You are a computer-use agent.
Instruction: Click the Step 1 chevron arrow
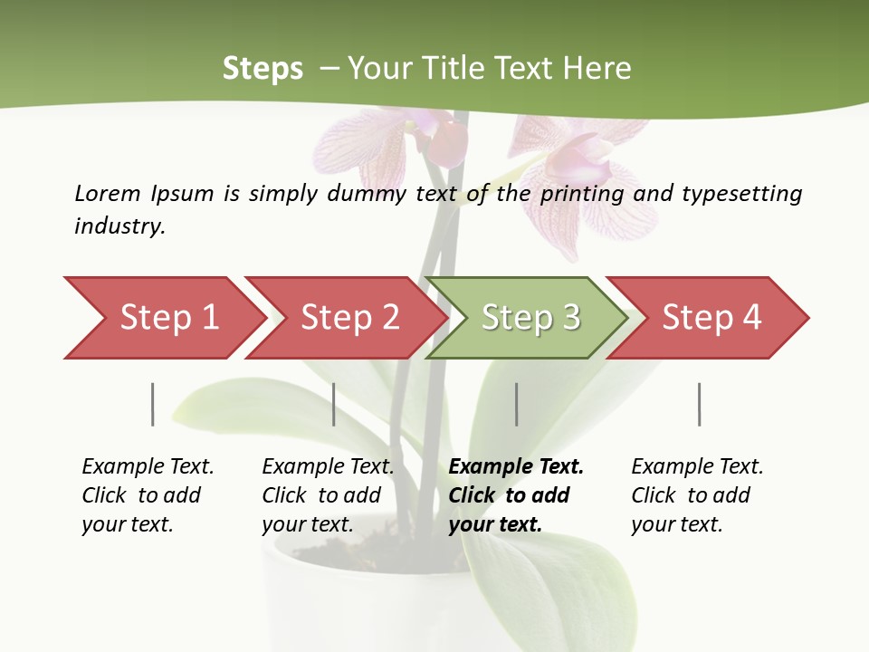[x=167, y=318]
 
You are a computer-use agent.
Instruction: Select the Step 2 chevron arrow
[x=349, y=318]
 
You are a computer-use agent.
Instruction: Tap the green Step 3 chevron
[x=530, y=318]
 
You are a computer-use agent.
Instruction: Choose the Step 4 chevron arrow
[x=711, y=318]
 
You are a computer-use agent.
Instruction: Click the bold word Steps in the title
[x=263, y=69]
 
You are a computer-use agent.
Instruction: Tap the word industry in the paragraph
[x=119, y=225]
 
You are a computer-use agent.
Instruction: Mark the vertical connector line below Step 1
[x=153, y=404]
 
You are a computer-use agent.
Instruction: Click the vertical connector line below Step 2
[x=334, y=404]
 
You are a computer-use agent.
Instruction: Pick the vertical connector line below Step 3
[x=517, y=404]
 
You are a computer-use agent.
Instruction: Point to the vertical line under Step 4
[x=699, y=404]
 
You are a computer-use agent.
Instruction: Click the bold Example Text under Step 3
[x=516, y=467]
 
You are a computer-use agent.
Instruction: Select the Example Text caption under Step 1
[x=148, y=467]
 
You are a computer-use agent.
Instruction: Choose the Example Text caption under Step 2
[x=328, y=467]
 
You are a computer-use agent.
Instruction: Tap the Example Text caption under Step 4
[x=697, y=467]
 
